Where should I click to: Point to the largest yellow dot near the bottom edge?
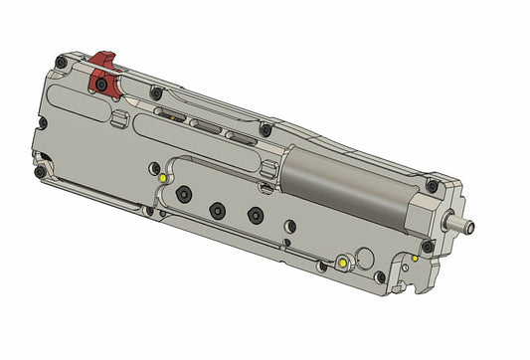click(x=343, y=263)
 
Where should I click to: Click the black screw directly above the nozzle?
click(x=431, y=186)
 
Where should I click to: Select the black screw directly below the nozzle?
click(x=427, y=246)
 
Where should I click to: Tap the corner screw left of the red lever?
click(x=61, y=63)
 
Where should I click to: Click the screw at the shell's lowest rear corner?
click(x=40, y=172)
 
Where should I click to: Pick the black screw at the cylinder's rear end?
click(x=265, y=130)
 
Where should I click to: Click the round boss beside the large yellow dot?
click(x=378, y=276)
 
